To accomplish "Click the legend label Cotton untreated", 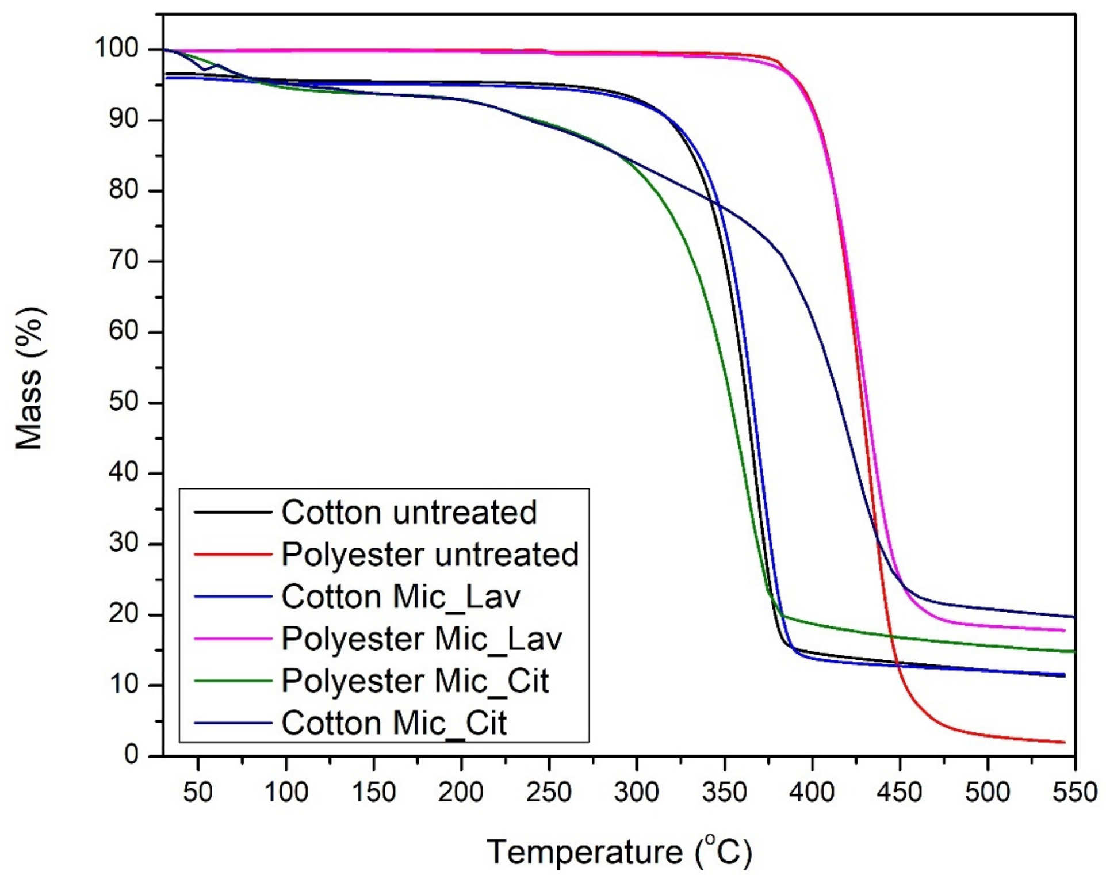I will pyautogui.click(x=408, y=511).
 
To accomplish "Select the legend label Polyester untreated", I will pyautogui.click(x=430, y=554).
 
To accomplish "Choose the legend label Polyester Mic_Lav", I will pyautogui.click(x=422, y=639).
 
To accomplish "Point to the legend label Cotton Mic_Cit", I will pyautogui.click(x=394, y=723).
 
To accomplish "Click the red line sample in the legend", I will pyautogui.click(x=233, y=555).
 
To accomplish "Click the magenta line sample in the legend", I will pyautogui.click(x=233, y=639).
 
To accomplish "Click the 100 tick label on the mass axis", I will pyautogui.click(x=117, y=48).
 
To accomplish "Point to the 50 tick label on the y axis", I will pyautogui.click(x=124, y=402).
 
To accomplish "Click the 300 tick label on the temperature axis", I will pyautogui.click(x=636, y=792).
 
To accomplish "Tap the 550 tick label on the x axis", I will pyautogui.click(x=1074, y=792).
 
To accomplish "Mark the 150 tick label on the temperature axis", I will pyautogui.click(x=373, y=792).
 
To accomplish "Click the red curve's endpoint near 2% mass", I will pyautogui.click(x=1065, y=742).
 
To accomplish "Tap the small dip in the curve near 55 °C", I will pyautogui.click(x=204, y=70).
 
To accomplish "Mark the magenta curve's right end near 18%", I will pyautogui.click(x=1065, y=631).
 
